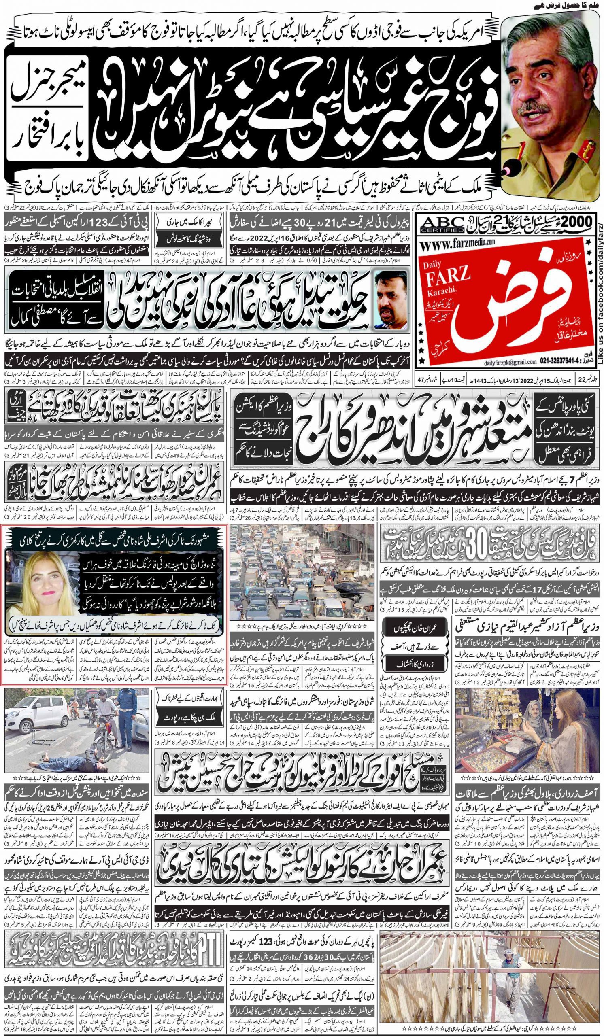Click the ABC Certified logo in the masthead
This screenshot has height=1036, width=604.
point(437,225)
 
